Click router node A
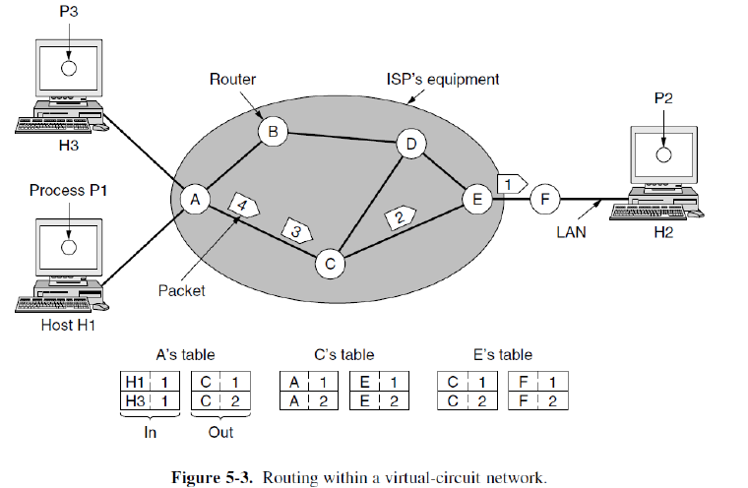click(195, 200)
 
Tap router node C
click(330, 263)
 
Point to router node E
click(476, 201)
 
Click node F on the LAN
click(544, 201)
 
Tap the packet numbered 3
click(296, 230)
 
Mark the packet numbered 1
click(512, 183)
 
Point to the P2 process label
click(664, 99)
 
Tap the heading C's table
click(342, 354)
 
